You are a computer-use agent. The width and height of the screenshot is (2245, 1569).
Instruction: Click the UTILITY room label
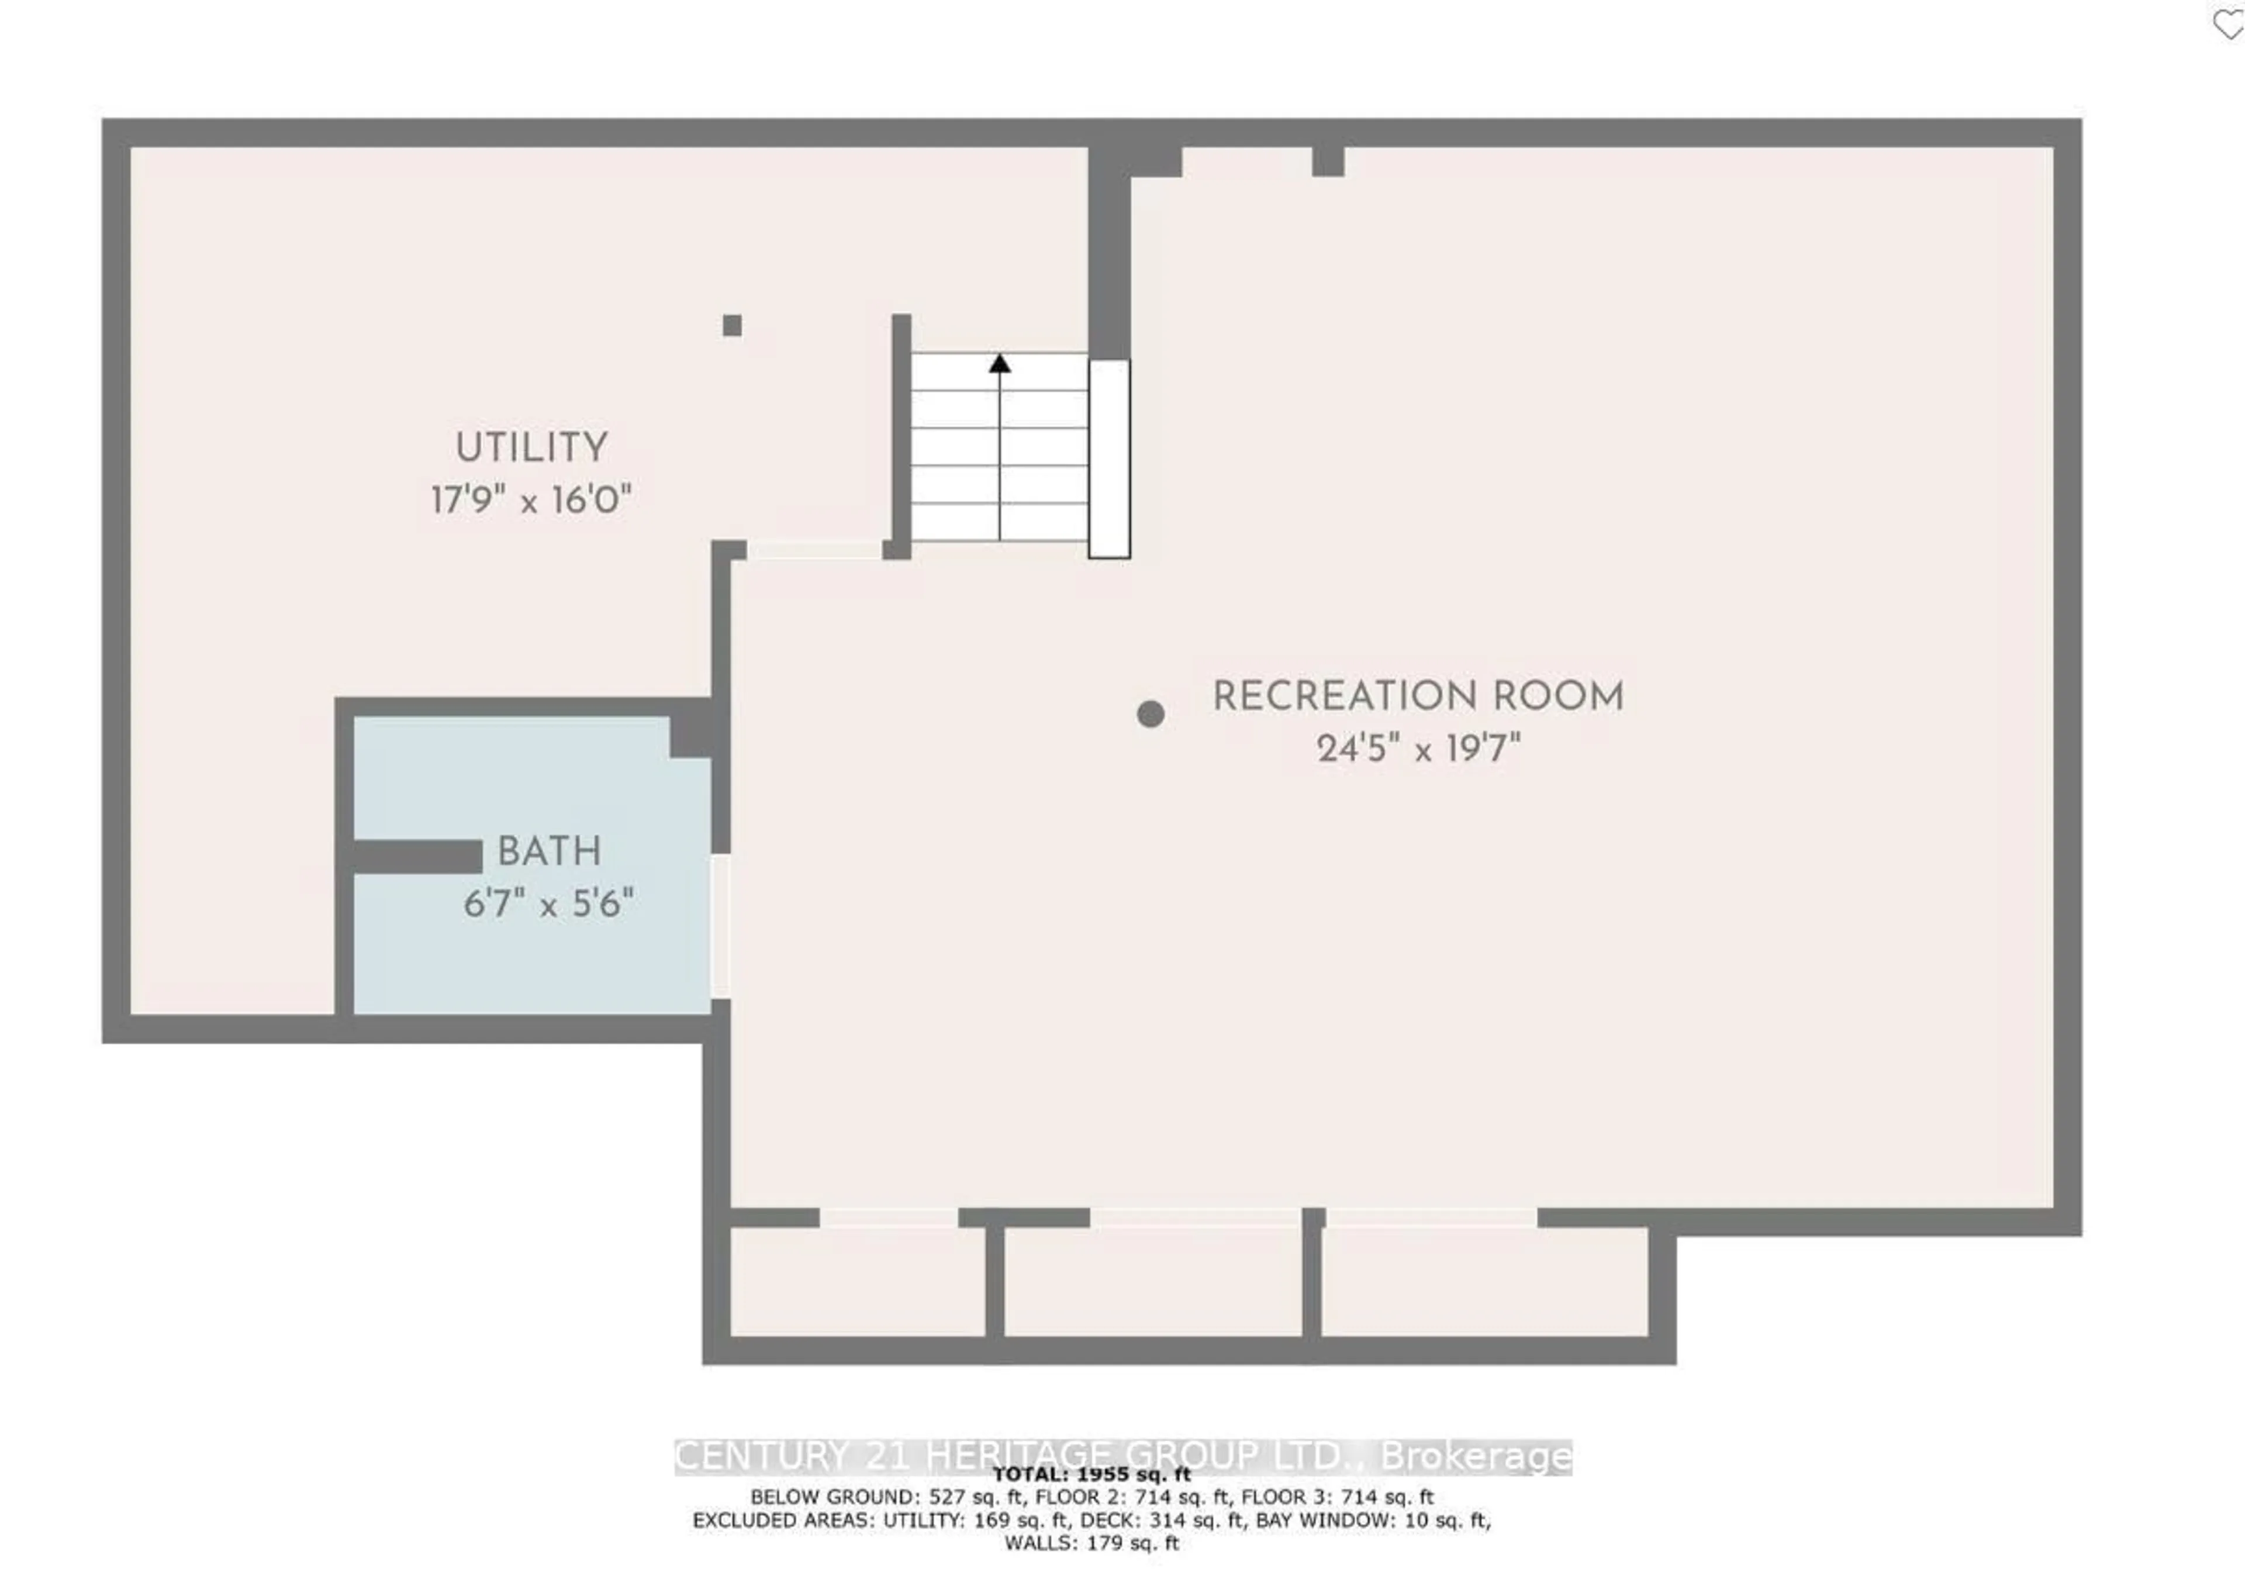[531, 448]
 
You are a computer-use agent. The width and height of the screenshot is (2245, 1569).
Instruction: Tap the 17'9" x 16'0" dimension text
[531, 501]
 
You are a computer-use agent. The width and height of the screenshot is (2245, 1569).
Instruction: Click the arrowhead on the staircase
[999, 364]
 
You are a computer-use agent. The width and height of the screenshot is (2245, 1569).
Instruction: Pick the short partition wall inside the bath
[417, 857]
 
